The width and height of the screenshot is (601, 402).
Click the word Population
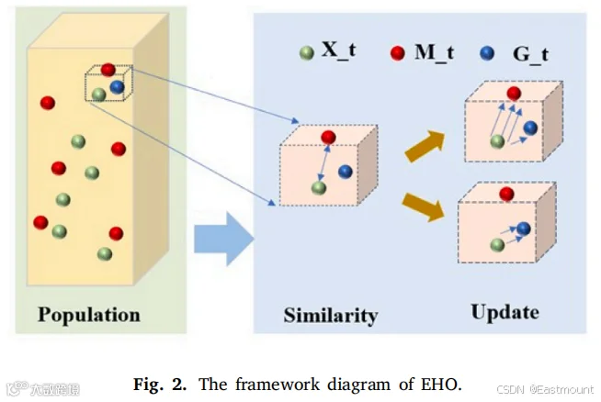pyautogui.click(x=89, y=315)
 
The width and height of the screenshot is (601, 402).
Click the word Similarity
pyautogui.click(x=331, y=316)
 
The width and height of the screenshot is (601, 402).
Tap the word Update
pyautogui.click(x=505, y=312)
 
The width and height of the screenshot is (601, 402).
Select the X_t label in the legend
pyautogui.click(x=339, y=50)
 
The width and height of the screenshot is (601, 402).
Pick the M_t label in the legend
pyautogui.click(x=435, y=52)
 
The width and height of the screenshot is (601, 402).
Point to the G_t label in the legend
pyautogui.click(x=531, y=55)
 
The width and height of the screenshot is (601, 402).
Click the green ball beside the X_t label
pyautogui.click(x=307, y=53)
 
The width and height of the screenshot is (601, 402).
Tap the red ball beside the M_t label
pyautogui.click(x=398, y=53)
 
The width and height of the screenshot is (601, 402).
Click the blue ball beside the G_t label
pyautogui.click(x=487, y=53)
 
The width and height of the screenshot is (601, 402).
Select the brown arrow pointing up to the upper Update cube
pyautogui.click(x=425, y=146)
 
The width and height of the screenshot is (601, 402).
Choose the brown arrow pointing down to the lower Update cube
pyautogui.click(x=424, y=207)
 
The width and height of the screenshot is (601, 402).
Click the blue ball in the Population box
pyautogui.click(x=117, y=87)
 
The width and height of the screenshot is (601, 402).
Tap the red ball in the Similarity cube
pyautogui.click(x=328, y=137)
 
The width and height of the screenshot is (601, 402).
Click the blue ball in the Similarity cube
pyautogui.click(x=346, y=172)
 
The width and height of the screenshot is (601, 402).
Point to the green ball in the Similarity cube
pyautogui.click(x=319, y=188)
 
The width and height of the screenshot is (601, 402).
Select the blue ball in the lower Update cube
pyautogui.click(x=523, y=229)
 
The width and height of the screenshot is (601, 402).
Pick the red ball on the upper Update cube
pyautogui.click(x=514, y=94)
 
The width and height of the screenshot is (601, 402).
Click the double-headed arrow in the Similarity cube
pyautogui.click(x=323, y=163)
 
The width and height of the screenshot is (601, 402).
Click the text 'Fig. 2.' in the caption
pyautogui.click(x=160, y=384)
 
